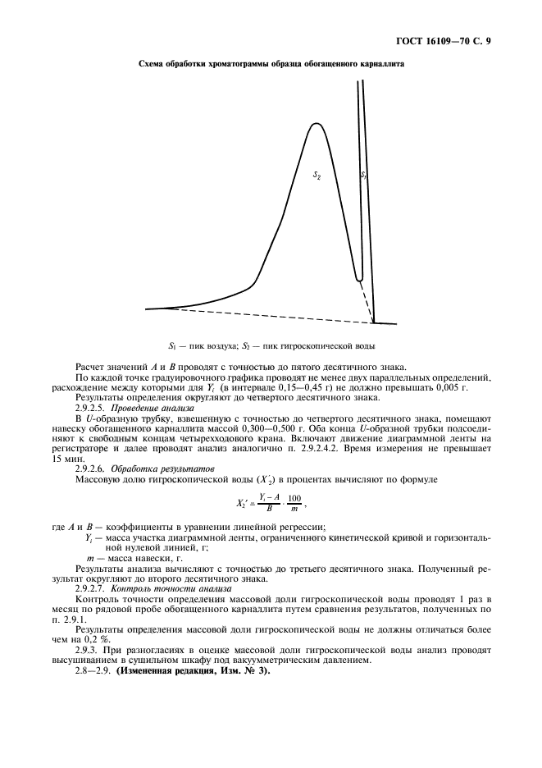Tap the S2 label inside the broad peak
[317, 175]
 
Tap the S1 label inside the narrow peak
[364, 175]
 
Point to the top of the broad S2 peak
[314, 124]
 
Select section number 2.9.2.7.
[91, 588]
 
